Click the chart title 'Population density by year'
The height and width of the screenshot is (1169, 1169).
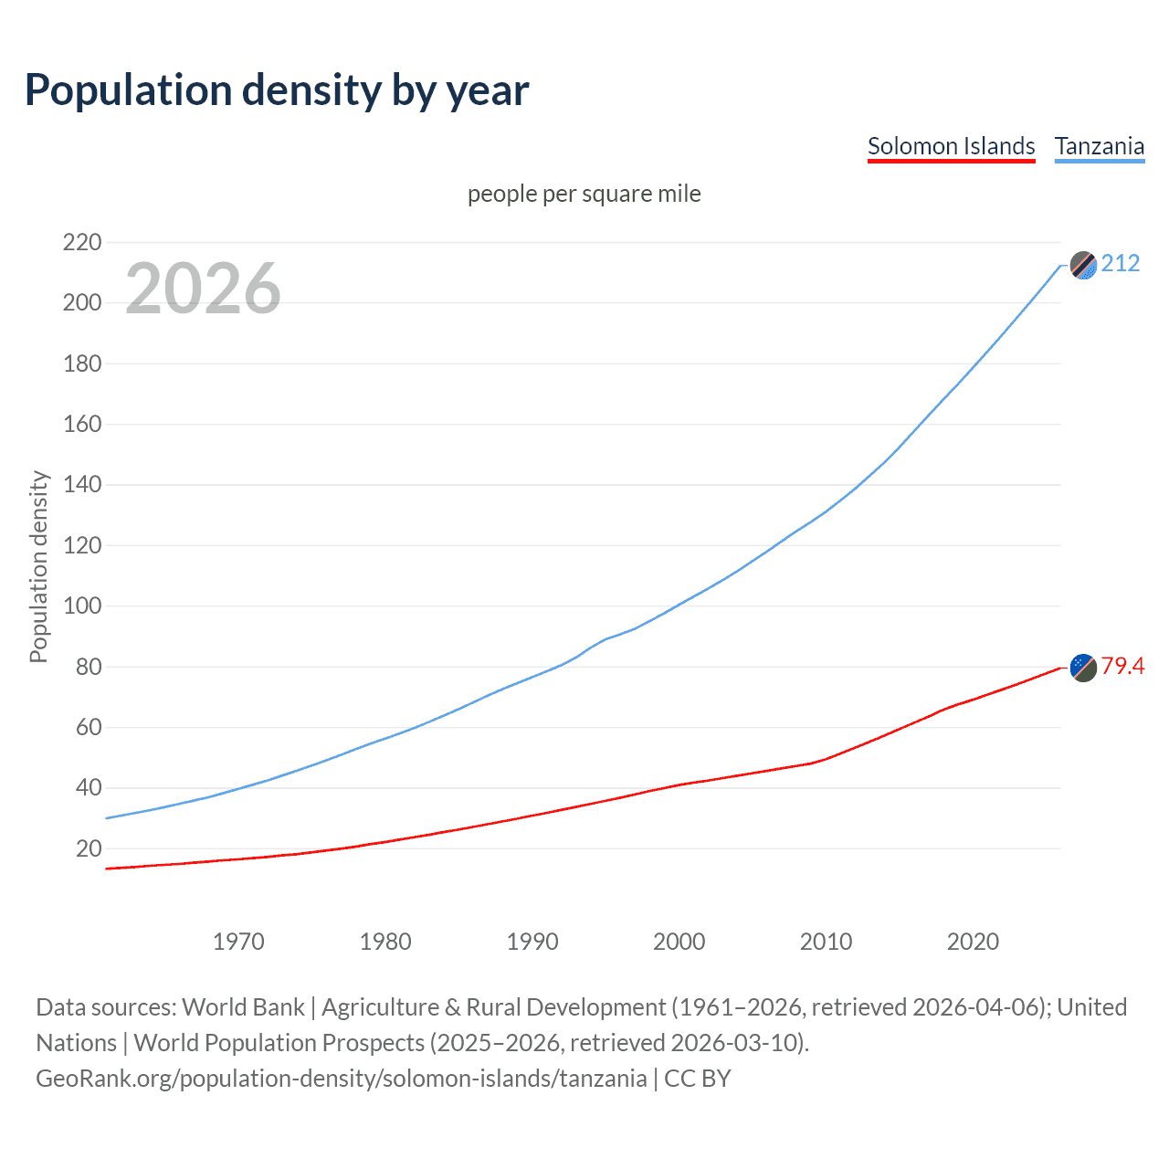[x=277, y=90]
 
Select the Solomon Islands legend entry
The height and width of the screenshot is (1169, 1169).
[x=951, y=146]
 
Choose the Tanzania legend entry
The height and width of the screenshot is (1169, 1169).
[x=1099, y=146]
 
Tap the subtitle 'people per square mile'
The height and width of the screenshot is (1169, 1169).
[x=584, y=194]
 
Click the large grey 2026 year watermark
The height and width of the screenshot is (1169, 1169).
[x=203, y=289]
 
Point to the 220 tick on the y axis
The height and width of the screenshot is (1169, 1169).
[x=81, y=242]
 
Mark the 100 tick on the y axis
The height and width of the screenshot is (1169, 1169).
[x=81, y=606]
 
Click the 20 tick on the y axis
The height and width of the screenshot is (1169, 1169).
[x=89, y=848]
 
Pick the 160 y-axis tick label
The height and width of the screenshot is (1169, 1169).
[x=81, y=424]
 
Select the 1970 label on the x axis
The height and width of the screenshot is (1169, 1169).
[x=238, y=942]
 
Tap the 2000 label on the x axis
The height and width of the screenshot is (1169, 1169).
[x=679, y=942]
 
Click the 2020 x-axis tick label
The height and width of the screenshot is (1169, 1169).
[x=973, y=942]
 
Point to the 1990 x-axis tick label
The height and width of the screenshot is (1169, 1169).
[x=532, y=942]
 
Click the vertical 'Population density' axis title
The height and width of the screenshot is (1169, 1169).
[x=38, y=566]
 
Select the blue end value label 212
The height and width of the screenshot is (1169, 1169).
[x=1121, y=264]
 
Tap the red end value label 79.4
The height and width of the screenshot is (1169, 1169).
[x=1122, y=667]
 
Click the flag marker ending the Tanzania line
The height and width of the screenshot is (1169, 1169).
[x=1083, y=265]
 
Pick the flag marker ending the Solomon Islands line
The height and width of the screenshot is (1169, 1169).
[x=1083, y=668]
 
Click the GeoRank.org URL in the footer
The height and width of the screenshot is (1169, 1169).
[x=341, y=1079]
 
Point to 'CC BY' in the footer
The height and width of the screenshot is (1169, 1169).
[x=698, y=1079]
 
